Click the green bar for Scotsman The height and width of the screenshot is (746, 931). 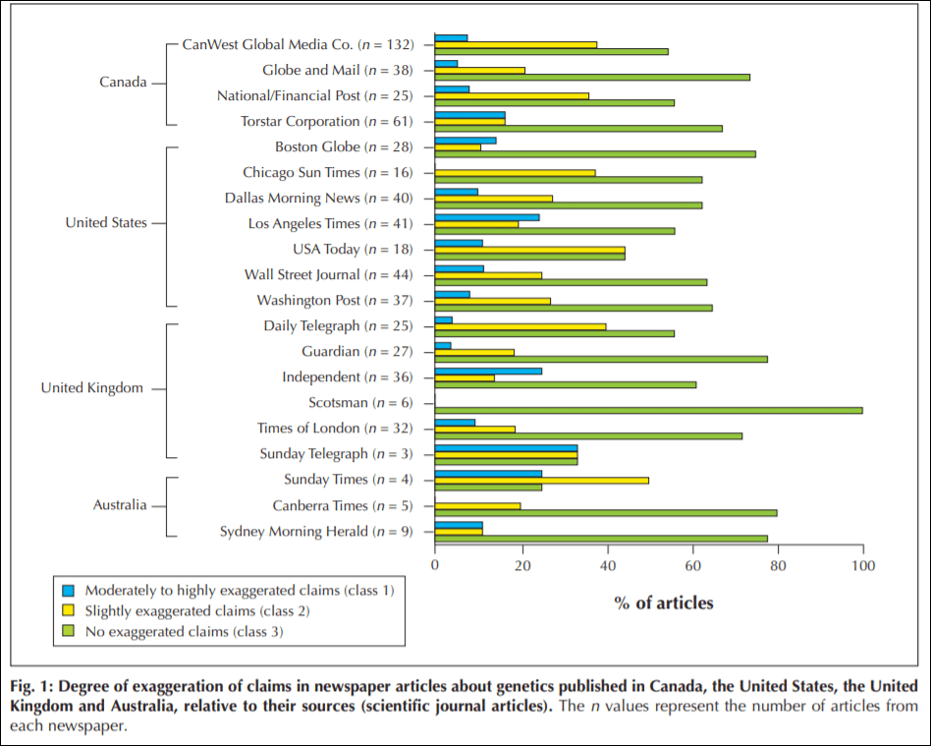648,410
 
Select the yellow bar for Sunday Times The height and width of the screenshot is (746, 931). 541,480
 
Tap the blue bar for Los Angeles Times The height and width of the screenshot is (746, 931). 487,217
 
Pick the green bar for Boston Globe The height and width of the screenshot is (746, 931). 595,154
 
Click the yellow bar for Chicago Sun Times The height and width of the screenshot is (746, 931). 515,173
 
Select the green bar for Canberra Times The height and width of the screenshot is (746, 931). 606,512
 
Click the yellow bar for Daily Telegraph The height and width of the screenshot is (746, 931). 520,326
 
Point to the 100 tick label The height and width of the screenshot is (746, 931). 863,565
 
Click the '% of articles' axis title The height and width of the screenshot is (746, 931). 664,603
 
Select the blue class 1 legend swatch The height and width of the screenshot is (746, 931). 68,591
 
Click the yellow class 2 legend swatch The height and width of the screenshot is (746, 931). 68,611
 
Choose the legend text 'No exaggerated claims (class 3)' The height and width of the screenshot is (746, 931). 184,632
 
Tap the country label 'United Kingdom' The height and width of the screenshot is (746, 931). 91,388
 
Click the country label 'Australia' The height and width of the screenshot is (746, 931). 120,505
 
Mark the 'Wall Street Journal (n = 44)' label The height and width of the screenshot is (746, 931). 329,275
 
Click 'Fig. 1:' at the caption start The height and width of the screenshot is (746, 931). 31,685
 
